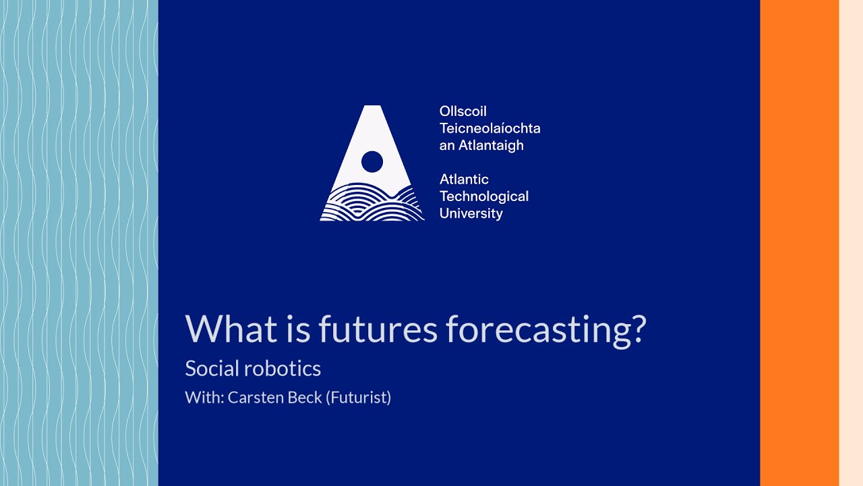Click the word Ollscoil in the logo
463,111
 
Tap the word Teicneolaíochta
489,128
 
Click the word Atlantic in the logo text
464,179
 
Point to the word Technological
483,196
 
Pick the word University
471,213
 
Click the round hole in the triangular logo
372,162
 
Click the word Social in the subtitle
212,369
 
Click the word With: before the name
204,398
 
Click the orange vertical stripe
799,243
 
